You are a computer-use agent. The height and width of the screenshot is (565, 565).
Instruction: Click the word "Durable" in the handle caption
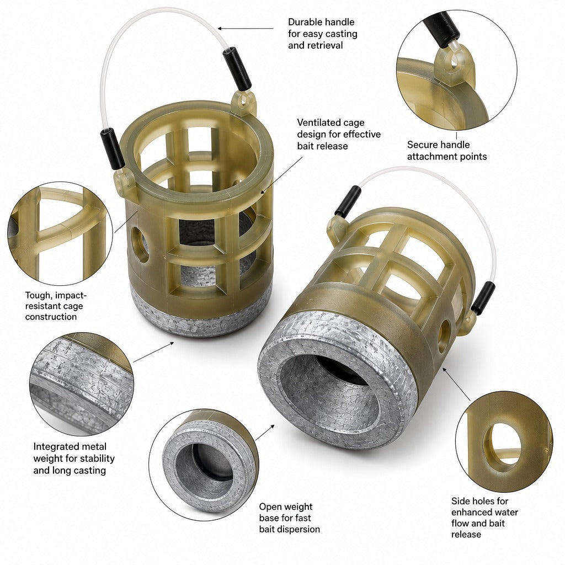[305, 22]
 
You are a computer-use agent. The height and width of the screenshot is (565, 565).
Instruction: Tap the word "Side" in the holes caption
[460, 501]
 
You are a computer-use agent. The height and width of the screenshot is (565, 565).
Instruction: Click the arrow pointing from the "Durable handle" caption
[246, 28]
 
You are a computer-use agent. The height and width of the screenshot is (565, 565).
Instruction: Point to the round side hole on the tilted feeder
[444, 336]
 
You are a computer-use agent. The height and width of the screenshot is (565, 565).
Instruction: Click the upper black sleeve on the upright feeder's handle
[237, 68]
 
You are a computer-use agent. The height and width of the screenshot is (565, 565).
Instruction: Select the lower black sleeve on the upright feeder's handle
[113, 148]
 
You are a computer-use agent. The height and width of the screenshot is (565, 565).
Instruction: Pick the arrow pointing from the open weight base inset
[265, 433]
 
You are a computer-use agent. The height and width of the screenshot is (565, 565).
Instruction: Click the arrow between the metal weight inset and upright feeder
[153, 352]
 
